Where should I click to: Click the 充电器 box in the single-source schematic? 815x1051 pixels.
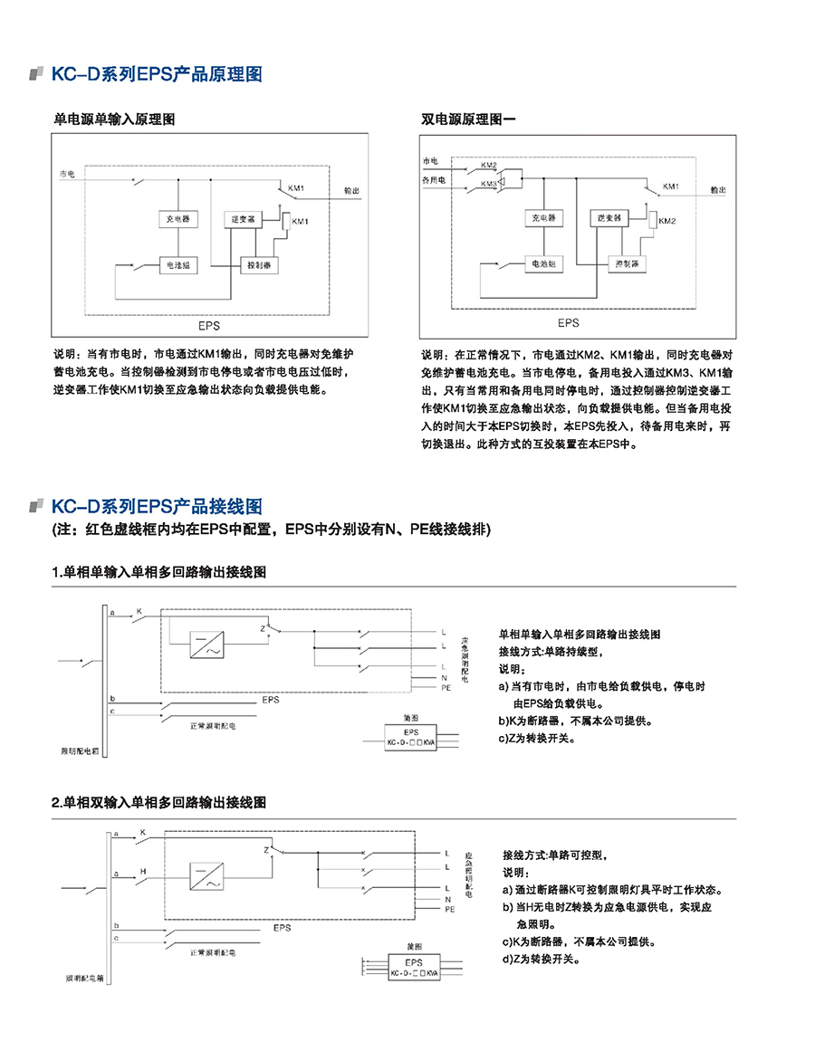point(177,219)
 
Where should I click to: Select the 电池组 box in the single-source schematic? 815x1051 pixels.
point(177,266)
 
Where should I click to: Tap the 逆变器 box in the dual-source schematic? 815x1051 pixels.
point(609,218)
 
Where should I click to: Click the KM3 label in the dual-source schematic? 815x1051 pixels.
point(489,184)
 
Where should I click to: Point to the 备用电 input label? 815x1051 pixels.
point(435,180)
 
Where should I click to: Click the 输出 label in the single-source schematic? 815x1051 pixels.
point(351,191)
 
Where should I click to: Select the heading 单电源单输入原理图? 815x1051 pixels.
point(115,119)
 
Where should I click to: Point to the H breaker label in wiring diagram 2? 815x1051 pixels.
point(143,871)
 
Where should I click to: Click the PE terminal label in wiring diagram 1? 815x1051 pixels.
point(446,689)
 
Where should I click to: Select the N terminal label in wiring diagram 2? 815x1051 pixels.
point(446,899)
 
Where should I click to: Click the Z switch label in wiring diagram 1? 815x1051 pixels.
point(264,626)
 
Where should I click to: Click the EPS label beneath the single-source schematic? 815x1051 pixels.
point(210,324)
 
